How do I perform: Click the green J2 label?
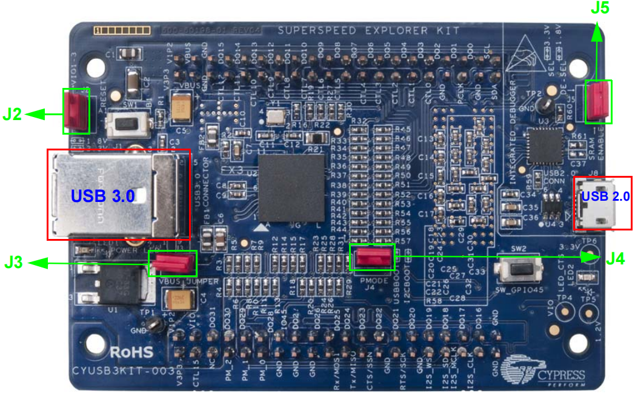13,113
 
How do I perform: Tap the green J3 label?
15,263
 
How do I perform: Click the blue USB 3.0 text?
102,195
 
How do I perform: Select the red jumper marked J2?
76,111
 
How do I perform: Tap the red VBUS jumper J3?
173,263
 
